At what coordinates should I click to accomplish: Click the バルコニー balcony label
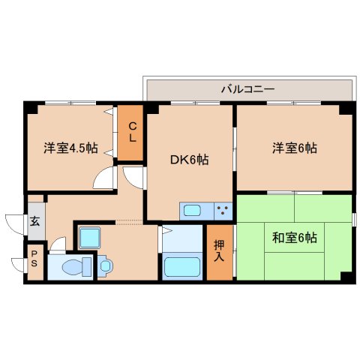click(247, 88)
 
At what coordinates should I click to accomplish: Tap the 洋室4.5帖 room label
click(70, 148)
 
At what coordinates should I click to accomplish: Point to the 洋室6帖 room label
click(294, 148)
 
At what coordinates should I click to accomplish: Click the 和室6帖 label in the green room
click(294, 238)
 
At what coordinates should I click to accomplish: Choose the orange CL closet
click(130, 132)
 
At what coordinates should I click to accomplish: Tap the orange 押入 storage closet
click(219, 251)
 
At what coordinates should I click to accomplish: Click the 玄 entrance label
click(35, 222)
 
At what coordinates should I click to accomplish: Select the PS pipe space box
click(35, 262)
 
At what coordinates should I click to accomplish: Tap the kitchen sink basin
click(191, 211)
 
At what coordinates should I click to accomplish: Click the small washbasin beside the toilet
click(105, 264)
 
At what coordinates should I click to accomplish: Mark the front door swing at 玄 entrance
click(15, 223)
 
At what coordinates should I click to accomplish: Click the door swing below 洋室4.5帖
click(103, 180)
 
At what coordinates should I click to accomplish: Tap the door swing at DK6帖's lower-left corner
click(136, 177)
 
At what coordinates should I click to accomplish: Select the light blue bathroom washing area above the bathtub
click(182, 239)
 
